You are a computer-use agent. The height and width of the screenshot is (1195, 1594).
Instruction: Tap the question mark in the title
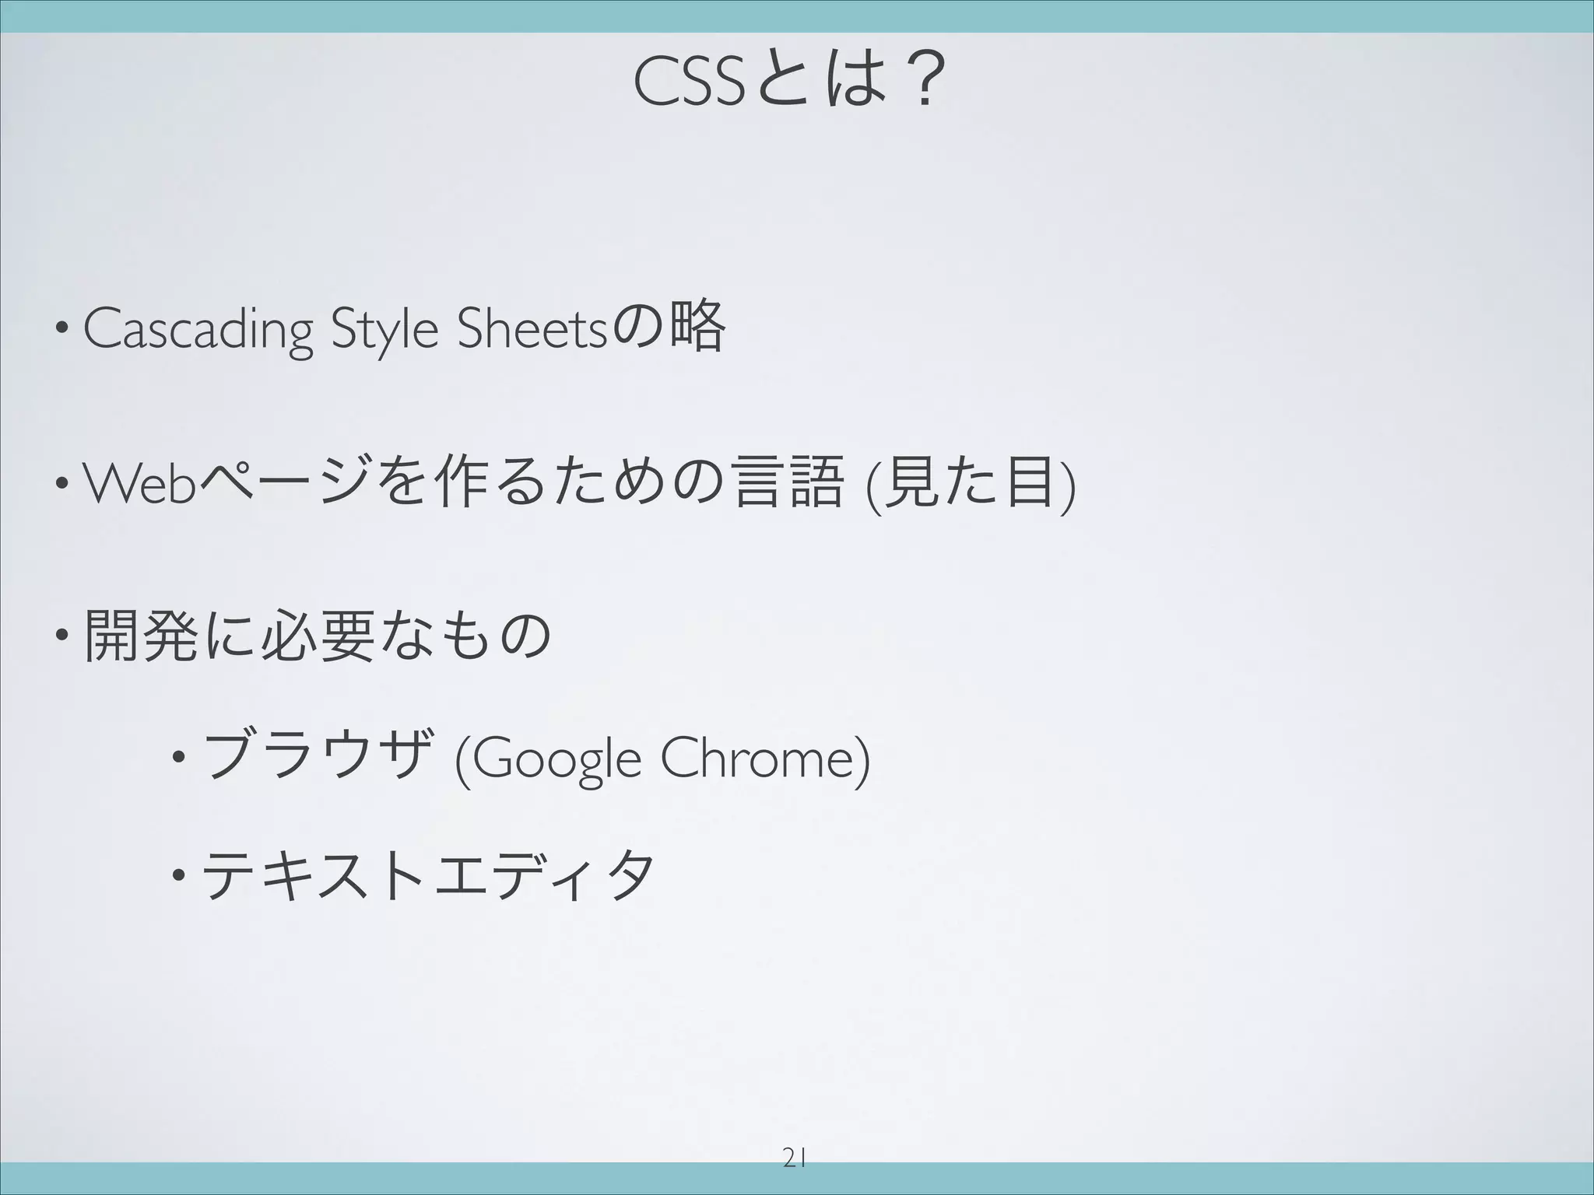coord(923,85)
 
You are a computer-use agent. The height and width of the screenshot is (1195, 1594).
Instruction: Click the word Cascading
coord(198,330)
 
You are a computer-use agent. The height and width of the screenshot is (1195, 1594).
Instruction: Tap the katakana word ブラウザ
coord(316,757)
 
